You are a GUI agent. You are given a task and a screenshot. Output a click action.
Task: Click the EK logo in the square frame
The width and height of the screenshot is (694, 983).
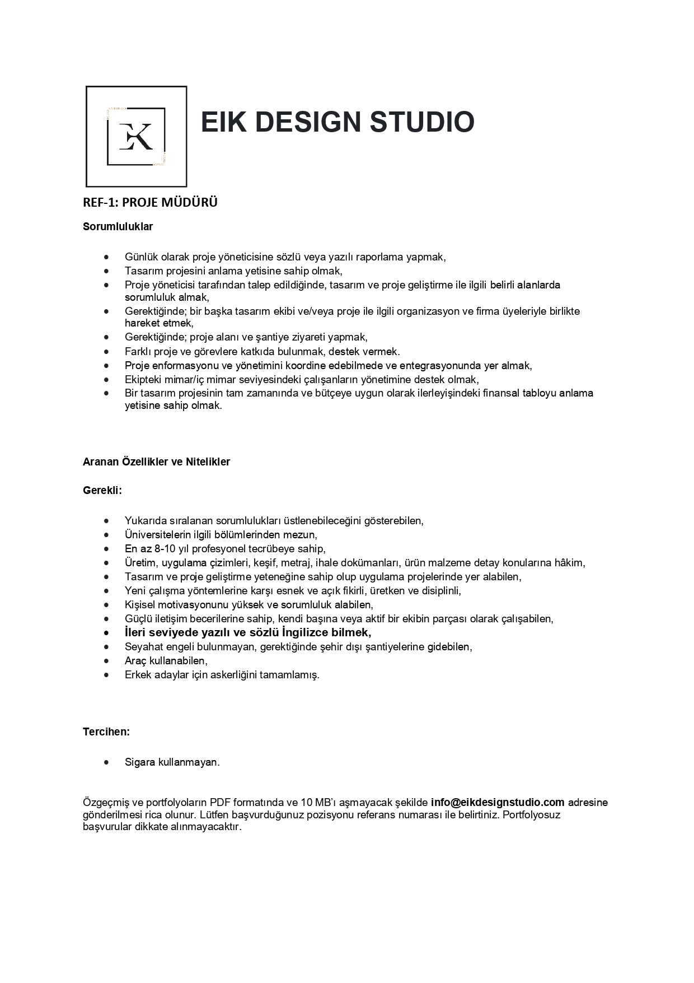[x=136, y=136]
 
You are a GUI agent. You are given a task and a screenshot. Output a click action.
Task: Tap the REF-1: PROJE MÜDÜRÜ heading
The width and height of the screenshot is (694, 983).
[x=150, y=203]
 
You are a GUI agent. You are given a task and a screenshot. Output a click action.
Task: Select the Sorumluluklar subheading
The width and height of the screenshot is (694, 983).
[x=118, y=227]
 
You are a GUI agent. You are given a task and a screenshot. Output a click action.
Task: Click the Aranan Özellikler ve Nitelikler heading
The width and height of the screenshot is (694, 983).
[x=156, y=462]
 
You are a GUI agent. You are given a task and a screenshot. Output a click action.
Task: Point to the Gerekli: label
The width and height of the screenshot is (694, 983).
[x=102, y=490]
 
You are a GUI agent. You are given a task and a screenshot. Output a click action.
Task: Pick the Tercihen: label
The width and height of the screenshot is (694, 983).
[x=106, y=732]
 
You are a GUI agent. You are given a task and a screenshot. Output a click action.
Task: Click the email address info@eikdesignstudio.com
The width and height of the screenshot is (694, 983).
[x=498, y=802]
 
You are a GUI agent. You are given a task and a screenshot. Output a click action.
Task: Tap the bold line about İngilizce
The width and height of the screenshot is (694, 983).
[x=248, y=633]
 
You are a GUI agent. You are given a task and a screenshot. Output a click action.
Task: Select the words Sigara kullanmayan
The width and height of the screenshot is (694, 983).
[x=172, y=762]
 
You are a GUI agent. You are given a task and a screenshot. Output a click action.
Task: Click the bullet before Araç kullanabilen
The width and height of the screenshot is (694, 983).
[x=106, y=661]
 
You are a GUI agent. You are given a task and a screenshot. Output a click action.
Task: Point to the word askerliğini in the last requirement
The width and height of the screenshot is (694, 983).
[x=233, y=675]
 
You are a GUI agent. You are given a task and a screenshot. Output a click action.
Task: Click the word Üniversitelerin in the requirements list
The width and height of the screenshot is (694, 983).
[x=159, y=535]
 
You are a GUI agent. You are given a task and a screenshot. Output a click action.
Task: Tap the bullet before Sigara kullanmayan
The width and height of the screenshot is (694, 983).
[x=106, y=762]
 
